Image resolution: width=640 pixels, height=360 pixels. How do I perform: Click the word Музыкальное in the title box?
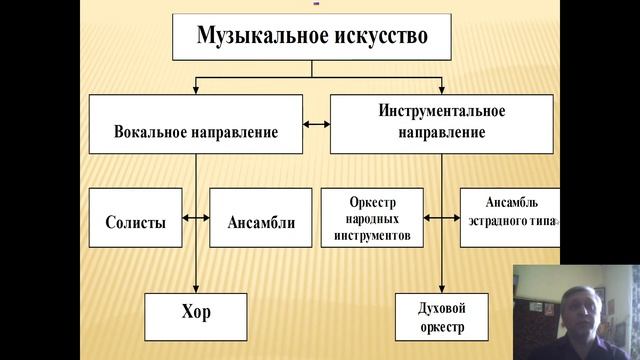coord(251,37)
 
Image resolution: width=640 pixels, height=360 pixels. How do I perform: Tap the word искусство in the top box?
coord(376,37)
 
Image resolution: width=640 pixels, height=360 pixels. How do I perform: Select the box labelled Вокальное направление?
coord(196,124)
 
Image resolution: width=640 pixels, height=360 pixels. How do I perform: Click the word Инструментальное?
coord(441,110)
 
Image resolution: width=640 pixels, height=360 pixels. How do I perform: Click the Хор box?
coord(195,312)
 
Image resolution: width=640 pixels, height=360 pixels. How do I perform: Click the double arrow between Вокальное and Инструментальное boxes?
coord(316,124)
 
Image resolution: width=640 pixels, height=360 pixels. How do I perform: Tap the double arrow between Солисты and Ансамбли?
coord(196,217)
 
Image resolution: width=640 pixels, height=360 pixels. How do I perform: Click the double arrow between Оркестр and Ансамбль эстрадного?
coord(442,217)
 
